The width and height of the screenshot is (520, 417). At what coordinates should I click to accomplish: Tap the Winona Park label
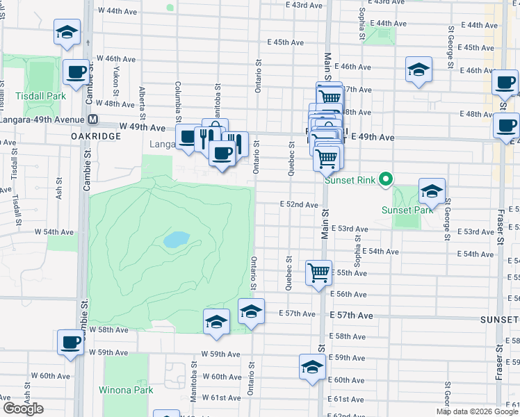click(x=126, y=390)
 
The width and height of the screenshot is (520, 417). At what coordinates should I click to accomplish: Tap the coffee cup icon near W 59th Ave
click(x=70, y=343)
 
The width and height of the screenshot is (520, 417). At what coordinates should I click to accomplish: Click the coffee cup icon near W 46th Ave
click(x=76, y=71)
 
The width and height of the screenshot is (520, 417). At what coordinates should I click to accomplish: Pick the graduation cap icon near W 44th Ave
click(x=67, y=31)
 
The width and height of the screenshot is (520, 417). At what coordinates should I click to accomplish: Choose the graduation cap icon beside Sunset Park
click(x=431, y=190)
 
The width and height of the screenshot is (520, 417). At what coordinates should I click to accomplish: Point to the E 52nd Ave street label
click(x=299, y=205)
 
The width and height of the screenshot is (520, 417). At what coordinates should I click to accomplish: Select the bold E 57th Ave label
click(x=351, y=316)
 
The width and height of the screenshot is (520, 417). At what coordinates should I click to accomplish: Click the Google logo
click(x=23, y=409)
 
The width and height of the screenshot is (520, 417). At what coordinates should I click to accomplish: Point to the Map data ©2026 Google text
click(x=476, y=412)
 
